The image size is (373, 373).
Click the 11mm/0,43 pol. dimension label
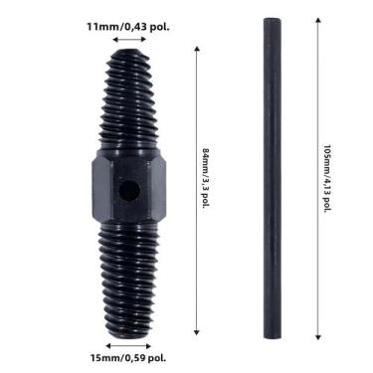click(128, 27)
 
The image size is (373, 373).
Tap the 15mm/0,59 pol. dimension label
click(128, 358)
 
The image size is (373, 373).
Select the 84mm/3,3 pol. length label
click(206, 179)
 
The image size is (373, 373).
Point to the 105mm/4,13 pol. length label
click(327, 178)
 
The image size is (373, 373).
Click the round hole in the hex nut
click(129, 191)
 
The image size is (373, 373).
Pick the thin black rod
click(273, 178)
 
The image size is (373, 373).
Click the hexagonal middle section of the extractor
click(128, 186)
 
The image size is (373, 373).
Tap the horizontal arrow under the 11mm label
click(129, 40)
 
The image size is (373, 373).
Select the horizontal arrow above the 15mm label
click(128, 346)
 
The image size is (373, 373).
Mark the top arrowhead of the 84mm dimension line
click(197, 49)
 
